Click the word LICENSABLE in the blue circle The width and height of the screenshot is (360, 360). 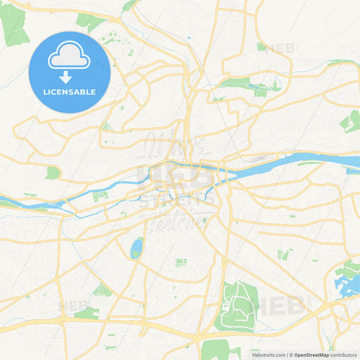point(70,91)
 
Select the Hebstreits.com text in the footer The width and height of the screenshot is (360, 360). point(266,354)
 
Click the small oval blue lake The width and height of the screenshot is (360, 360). point(136,248)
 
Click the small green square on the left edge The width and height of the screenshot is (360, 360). point(52,173)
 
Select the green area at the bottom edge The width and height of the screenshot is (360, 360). point(215,349)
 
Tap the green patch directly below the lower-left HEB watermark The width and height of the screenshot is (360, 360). point(87,313)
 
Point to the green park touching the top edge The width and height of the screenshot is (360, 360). point(128,5)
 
